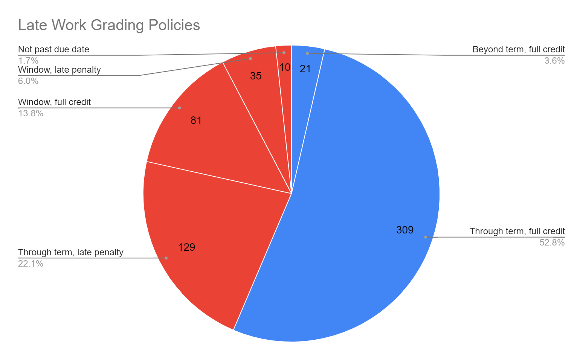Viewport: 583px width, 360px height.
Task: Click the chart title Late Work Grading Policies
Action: click(109, 25)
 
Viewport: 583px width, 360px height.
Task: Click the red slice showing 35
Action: click(260, 90)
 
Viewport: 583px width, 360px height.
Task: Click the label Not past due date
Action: click(53, 49)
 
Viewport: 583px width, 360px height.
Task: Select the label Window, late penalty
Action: click(60, 70)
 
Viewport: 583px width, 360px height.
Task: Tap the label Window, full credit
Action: click(55, 102)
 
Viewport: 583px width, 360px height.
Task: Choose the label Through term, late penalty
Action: click(71, 252)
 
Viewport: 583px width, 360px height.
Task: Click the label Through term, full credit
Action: click(517, 231)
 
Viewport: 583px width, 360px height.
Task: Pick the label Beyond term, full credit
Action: click(519, 49)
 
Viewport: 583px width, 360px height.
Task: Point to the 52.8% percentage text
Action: click(552, 243)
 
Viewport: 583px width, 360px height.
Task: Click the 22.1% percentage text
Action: click(31, 264)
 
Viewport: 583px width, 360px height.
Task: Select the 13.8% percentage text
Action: click(31, 113)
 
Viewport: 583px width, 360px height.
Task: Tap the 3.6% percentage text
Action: click(554, 61)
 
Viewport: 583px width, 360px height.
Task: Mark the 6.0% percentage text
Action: click(28, 81)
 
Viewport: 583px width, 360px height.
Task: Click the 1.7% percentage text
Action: click(28, 61)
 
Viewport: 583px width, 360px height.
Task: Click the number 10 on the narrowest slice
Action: click(285, 67)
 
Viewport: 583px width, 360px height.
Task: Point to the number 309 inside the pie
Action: click(405, 230)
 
